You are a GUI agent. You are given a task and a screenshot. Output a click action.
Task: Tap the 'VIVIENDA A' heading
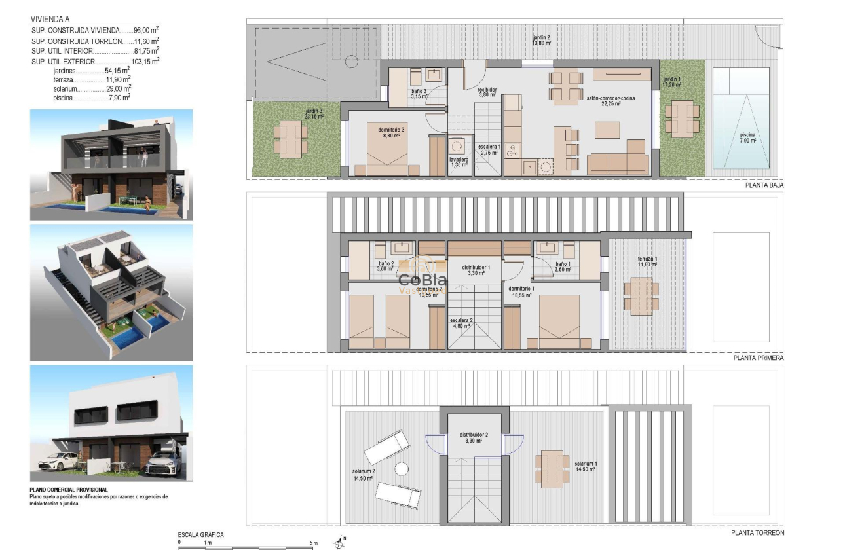(x=49, y=20)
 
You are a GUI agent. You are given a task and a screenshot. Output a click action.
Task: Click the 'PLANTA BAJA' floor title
(x=764, y=185)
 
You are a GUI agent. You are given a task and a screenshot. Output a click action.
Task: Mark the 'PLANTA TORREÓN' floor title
(x=757, y=533)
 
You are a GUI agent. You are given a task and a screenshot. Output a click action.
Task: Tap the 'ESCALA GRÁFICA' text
(x=201, y=535)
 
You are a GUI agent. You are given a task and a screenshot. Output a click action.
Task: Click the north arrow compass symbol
(x=339, y=542)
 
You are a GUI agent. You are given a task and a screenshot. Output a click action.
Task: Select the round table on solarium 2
(x=401, y=469)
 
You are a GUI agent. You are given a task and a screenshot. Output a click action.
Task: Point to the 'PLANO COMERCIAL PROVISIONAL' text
(x=68, y=490)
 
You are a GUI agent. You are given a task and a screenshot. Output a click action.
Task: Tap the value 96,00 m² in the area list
(x=146, y=30)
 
